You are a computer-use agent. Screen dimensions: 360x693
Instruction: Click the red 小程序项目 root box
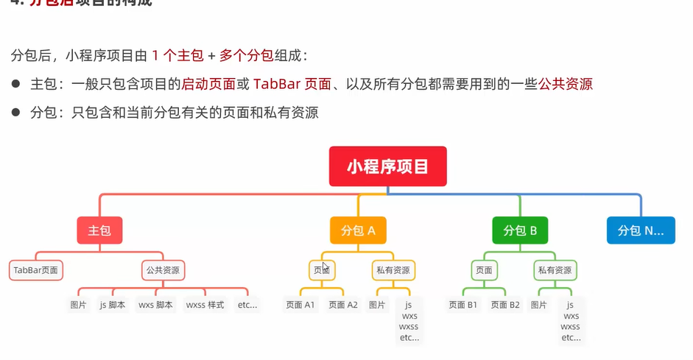point(388,166)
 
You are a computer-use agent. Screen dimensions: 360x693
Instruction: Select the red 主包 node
point(99,230)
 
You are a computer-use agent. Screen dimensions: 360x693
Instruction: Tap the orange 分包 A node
point(353,230)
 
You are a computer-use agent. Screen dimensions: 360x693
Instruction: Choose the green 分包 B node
point(520,230)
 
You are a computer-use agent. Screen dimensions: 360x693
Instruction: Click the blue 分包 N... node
point(640,230)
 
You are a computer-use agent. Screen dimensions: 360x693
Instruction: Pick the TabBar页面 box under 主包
point(37,270)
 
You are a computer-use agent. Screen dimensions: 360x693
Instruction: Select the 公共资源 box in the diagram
point(163,270)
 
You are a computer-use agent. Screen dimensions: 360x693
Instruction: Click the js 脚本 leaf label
point(112,304)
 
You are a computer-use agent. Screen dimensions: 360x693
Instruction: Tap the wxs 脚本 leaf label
point(155,304)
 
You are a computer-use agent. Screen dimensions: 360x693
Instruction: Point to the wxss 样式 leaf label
point(205,304)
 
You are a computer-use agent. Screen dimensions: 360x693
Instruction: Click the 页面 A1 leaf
point(300,304)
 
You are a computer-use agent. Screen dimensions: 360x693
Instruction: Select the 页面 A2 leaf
point(343,304)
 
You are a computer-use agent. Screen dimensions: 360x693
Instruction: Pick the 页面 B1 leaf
point(463,304)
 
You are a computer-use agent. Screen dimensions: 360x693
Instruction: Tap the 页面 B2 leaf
point(505,304)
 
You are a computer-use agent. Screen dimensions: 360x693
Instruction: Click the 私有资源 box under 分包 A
point(391,270)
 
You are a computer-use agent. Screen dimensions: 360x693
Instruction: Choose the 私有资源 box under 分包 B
point(553,270)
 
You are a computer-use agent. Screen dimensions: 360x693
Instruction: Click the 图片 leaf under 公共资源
point(78,304)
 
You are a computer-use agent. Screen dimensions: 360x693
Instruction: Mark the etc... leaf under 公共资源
point(247,304)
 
